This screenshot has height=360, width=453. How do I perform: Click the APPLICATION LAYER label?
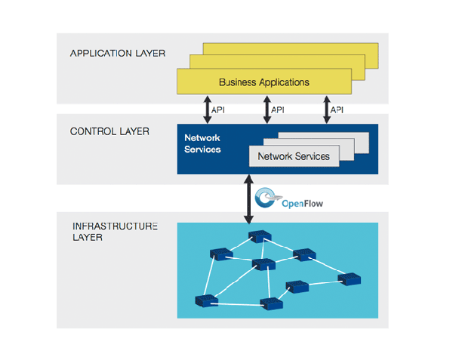118,54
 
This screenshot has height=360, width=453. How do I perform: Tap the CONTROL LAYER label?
109,131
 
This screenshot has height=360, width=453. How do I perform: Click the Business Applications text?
263,82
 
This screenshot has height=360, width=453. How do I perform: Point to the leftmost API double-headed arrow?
206,109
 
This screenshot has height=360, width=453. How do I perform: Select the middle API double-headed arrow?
267,109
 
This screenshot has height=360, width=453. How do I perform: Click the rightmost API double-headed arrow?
327,109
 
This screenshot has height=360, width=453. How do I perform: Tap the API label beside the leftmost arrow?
218,110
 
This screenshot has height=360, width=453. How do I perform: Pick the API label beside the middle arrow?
278,110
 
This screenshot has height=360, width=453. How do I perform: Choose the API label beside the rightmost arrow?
338,110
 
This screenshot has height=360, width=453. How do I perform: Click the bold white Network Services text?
202,143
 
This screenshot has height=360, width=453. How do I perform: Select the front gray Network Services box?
294,156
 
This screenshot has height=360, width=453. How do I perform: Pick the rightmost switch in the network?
350,278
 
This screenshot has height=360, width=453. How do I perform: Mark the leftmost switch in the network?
203,300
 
